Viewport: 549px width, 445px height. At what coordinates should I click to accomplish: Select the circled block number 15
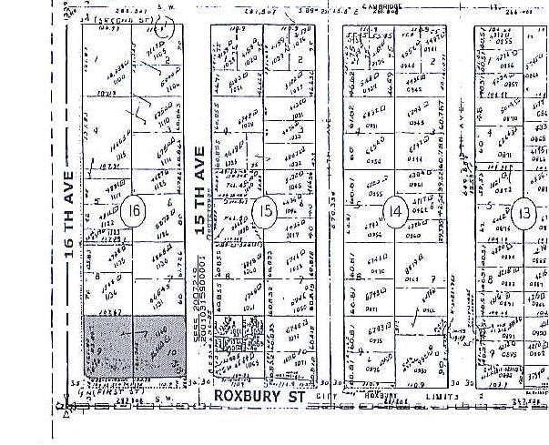pos(263,212)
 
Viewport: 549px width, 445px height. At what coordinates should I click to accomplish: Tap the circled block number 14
pos(394,211)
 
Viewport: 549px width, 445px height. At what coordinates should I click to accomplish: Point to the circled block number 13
pos(522,212)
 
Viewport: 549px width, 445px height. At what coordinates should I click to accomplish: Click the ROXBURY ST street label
pos(258,397)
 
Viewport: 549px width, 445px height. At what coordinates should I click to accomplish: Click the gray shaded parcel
pos(132,347)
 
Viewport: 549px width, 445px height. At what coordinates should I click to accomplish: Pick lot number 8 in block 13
pos(489,277)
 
